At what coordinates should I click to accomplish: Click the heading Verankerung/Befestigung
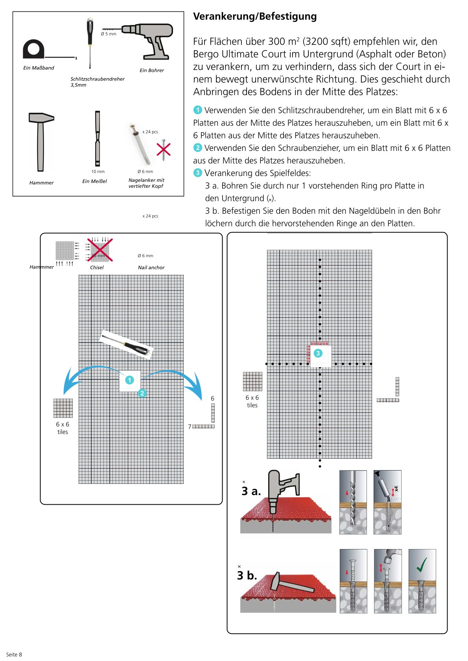point(255,16)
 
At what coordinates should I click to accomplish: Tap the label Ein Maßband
point(39,68)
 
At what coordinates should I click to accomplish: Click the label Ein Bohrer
point(152,70)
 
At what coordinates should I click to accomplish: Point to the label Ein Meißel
point(94,181)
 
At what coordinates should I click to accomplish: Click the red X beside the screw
point(164,149)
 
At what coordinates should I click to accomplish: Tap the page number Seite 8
point(14,654)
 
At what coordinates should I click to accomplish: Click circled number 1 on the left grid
point(129,380)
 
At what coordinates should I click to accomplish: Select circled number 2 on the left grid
point(142,393)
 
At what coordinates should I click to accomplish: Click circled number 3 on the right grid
point(318,353)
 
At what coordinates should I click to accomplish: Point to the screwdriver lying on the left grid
point(127,344)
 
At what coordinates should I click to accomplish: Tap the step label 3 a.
point(251,491)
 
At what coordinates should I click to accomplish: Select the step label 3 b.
point(247,575)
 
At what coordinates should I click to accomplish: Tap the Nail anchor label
point(151,267)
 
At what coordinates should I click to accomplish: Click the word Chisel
point(97,267)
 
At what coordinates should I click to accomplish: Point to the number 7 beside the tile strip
point(190,427)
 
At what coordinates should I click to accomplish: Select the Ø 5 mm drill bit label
point(109,34)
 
